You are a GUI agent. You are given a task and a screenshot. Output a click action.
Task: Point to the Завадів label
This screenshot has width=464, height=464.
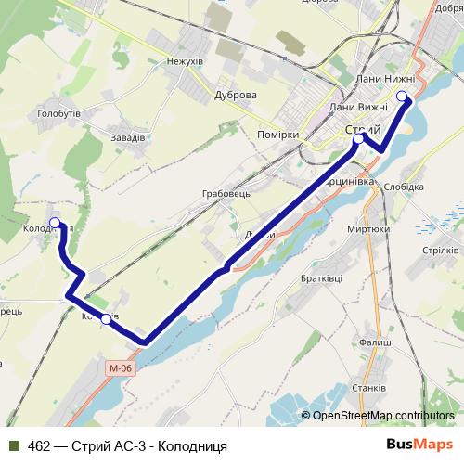pyautogui.click(x=127, y=137)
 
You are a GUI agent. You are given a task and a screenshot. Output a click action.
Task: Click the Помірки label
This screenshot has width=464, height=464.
pyautogui.click(x=277, y=135)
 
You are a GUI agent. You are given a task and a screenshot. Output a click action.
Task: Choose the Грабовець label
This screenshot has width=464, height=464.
pyautogui.click(x=226, y=195)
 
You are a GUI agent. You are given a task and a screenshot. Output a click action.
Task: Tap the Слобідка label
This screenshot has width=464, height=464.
pyautogui.click(x=403, y=187)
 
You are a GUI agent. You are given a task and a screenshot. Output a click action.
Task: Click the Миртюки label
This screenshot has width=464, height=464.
pyautogui.click(x=367, y=228)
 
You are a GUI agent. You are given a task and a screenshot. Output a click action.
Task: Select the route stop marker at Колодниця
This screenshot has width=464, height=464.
pyautogui.click(x=55, y=223)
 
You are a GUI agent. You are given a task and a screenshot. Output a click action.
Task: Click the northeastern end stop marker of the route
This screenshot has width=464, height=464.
pyautogui.click(x=402, y=97)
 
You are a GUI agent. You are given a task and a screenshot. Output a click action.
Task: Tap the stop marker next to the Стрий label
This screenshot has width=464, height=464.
pyautogui.click(x=358, y=139)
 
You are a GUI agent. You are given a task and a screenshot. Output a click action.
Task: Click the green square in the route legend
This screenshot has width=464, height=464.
pyautogui.click(x=15, y=445)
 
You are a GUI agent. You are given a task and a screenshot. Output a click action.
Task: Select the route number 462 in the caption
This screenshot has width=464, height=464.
pyautogui.click(x=40, y=445)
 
